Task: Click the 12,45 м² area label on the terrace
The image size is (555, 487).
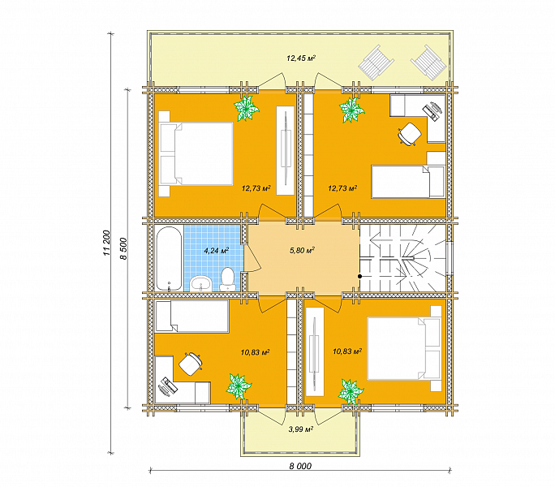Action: (x=301, y=58)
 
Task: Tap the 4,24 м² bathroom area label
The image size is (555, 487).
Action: (x=217, y=251)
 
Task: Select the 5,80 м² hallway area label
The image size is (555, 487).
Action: (x=303, y=251)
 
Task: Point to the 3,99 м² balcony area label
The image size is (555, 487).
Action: (x=301, y=429)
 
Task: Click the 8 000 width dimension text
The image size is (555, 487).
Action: (x=300, y=466)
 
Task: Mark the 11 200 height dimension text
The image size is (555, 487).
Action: (x=107, y=243)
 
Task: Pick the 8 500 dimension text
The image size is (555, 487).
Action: (x=123, y=248)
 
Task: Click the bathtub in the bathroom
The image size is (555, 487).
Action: (x=170, y=259)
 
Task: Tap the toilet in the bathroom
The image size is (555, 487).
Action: (x=227, y=279)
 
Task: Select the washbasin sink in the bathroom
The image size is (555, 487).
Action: (x=201, y=283)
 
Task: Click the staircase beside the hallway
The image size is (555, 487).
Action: (x=402, y=259)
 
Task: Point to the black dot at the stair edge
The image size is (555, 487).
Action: (x=359, y=276)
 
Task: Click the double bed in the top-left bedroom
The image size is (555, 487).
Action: (x=196, y=153)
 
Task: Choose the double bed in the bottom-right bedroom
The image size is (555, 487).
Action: (x=404, y=348)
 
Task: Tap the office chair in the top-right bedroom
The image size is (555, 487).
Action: (x=410, y=134)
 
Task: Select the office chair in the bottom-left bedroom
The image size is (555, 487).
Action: (x=191, y=364)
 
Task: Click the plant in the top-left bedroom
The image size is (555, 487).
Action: (x=246, y=108)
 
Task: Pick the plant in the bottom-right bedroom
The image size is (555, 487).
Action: (x=351, y=391)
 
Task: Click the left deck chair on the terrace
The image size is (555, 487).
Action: (x=376, y=63)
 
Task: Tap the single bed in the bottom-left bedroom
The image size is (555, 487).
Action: (x=192, y=317)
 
